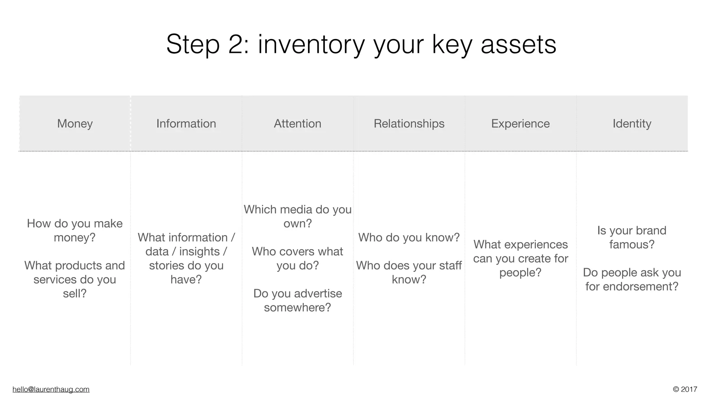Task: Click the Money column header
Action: click(75, 123)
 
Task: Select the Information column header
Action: click(186, 123)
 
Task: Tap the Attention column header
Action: click(298, 123)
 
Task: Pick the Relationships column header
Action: click(409, 123)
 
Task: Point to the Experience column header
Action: click(520, 123)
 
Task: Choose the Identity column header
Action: click(632, 123)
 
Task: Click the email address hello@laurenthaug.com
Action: click(51, 389)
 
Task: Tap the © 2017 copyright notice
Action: click(685, 389)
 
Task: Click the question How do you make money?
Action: click(75, 230)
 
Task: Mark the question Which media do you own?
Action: click(298, 216)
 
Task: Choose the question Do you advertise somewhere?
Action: click(298, 300)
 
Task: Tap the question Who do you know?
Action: click(409, 237)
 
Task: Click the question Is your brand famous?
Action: click(632, 237)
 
